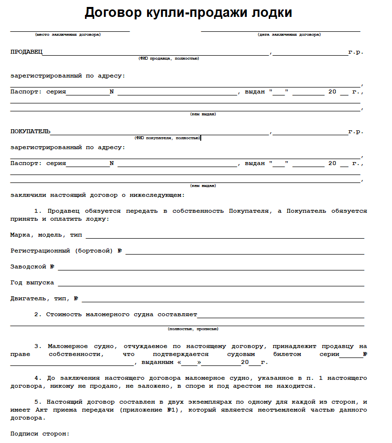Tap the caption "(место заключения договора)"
pyautogui.click(x=68, y=35)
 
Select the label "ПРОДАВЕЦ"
pyautogui.click(x=26, y=52)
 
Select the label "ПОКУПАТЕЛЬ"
pyautogui.click(x=30, y=131)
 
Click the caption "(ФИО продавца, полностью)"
pyautogui.click(x=169, y=59)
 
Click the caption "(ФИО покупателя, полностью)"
pyautogui.click(x=167, y=138)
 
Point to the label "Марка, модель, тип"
pyautogui.click(x=46, y=235)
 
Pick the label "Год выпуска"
pyautogui.click(x=32, y=282)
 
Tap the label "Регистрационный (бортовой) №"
pyautogui.click(x=66, y=251)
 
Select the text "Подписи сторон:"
pyautogui.click(x=40, y=434)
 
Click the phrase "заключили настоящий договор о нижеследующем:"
pyautogui.click(x=97, y=195)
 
